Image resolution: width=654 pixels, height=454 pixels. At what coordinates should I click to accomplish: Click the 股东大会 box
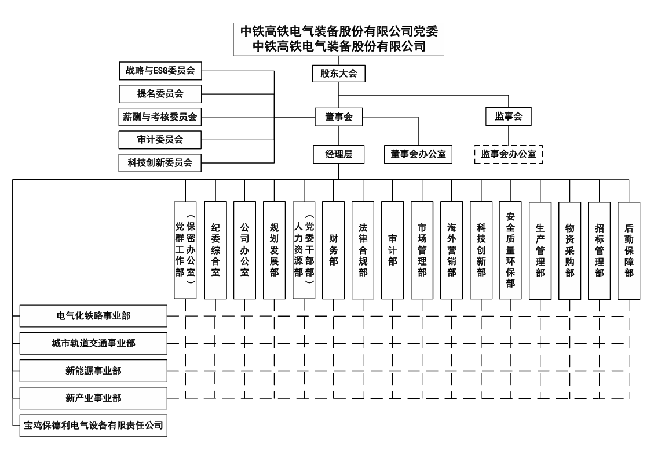pyautogui.click(x=339, y=73)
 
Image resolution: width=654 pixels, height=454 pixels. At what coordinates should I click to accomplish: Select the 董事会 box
pyautogui.click(x=339, y=117)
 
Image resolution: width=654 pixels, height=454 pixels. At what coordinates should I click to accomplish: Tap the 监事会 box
pyautogui.click(x=509, y=117)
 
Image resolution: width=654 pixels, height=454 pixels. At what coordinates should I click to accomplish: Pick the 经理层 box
pyautogui.click(x=339, y=154)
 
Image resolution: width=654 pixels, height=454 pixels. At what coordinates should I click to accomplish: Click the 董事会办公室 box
pyautogui.click(x=418, y=154)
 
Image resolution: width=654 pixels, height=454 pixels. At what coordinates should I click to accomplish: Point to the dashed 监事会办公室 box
pyautogui.click(x=509, y=154)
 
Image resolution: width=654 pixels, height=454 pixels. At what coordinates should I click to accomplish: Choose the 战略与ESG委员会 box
pyautogui.click(x=160, y=71)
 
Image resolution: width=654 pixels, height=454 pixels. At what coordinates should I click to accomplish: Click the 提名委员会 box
pyautogui.click(x=160, y=94)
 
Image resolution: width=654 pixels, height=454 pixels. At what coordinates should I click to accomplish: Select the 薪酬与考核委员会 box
pyautogui.click(x=160, y=117)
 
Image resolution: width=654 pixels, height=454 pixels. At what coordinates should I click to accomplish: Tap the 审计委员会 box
pyautogui.click(x=160, y=140)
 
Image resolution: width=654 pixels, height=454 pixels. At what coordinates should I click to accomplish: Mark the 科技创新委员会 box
pyautogui.click(x=160, y=163)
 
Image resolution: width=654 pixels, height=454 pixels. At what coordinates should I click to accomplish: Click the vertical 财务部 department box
pyautogui.click(x=333, y=250)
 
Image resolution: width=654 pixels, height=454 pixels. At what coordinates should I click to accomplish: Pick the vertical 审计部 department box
pyautogui.click(x=392, y=250)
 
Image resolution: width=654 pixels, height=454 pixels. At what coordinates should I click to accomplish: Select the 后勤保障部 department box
pyautogui.click(x=629, y=250)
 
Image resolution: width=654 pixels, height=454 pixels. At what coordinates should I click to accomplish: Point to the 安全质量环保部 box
pyautogui.click(x=510, y=250)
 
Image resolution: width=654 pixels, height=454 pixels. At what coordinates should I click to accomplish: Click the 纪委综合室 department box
pyautogui.click(x=215, y=250)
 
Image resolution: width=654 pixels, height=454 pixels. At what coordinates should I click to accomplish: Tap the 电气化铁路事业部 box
pyautogui.click(x=93, y=315)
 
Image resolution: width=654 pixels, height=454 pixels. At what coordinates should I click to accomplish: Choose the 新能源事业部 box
pyautogui.click(x=93, y=371)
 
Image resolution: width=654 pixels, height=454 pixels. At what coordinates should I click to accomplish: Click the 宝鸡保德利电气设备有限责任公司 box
pyautogui.click(x=93, y=426)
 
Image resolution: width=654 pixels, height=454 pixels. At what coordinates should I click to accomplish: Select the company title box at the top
pyautogui.click(x=339, y=39)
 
